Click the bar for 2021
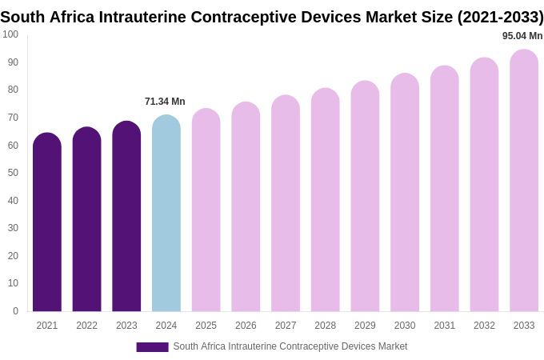point(47,224)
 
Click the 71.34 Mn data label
point(165,102)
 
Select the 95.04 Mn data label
point(522,36)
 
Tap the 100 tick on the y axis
point(10,34)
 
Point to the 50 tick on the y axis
point(13,173)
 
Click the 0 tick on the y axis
point(15,311)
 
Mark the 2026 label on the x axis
point(246,326)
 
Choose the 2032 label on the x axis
point(484,326)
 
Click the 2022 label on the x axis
point(86,326)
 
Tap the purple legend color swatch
point(152,347)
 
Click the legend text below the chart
point(290,346)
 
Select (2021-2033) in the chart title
point(500,17)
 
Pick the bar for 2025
point(206,211)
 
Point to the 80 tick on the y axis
point(13,90)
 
